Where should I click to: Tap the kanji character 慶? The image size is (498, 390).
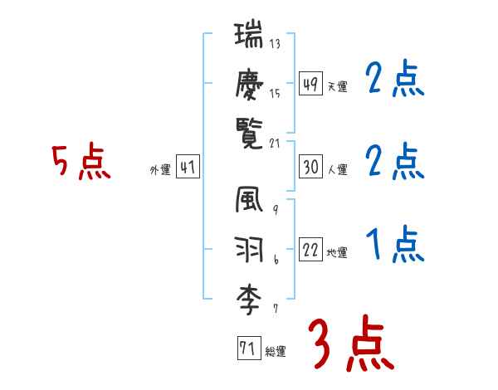251,85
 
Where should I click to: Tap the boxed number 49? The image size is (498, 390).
310,85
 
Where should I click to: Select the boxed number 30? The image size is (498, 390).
310,168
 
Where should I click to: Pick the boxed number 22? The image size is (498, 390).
310,251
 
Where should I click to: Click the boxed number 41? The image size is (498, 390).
188,168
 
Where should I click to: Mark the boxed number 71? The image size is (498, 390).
247,349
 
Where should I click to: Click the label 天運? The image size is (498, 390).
337,86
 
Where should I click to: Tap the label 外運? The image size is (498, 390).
160,169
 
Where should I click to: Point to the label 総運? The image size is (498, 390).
275,351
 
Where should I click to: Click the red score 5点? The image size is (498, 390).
81,162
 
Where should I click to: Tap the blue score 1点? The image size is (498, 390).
395,245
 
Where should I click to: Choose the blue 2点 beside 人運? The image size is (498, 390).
395,162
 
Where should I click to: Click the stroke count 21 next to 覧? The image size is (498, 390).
276,143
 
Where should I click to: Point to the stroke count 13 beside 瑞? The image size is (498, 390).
275,44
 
